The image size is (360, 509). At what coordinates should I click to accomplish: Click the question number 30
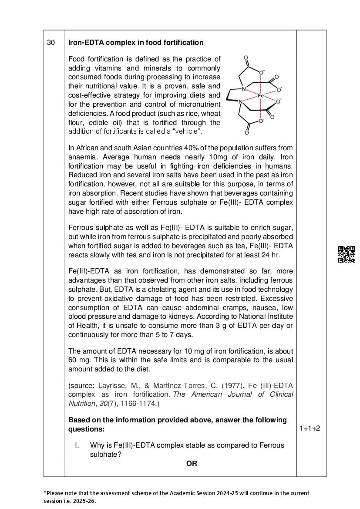(51, 42)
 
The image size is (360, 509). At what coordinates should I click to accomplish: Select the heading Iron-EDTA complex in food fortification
(136, 42)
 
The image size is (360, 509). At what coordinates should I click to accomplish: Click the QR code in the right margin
(347, 254)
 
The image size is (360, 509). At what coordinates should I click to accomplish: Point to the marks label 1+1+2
(310, 428)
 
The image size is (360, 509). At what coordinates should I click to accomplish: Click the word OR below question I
(192, 463)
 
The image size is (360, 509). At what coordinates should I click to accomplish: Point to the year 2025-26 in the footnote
(82, 501)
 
